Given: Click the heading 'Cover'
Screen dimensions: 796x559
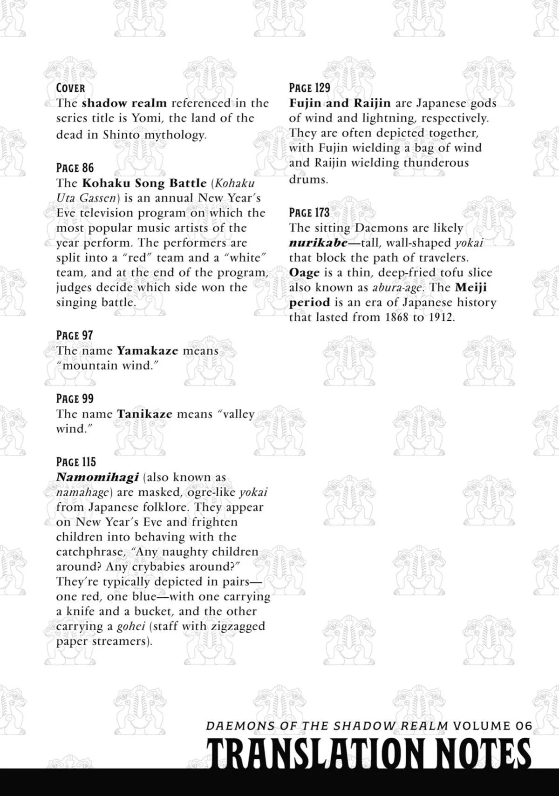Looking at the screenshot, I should tap(70, 88).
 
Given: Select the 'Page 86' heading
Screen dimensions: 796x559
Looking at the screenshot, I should tap(75, 168).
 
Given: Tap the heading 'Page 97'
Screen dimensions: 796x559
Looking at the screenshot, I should tap(74, 335).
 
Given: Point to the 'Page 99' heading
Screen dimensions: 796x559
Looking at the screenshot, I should tap(75, 398).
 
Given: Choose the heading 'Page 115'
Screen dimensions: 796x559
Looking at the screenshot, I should tap(75, 462).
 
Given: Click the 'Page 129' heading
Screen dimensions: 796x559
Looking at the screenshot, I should tap(309, 88).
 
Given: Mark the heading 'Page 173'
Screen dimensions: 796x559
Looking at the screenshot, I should tap(309, 212).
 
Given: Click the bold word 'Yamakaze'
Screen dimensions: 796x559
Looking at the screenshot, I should tap(147, 351).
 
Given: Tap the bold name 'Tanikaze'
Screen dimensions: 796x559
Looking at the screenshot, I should tap(144, 414).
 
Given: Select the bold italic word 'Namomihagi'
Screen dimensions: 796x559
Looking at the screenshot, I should tap(97, 477).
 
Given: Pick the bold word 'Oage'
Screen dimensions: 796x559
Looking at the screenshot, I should tap(304, 272).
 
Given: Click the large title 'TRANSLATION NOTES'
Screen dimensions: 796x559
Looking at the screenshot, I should tap(368, 753).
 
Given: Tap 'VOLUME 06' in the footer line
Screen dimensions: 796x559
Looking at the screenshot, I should tap(492, 725).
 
